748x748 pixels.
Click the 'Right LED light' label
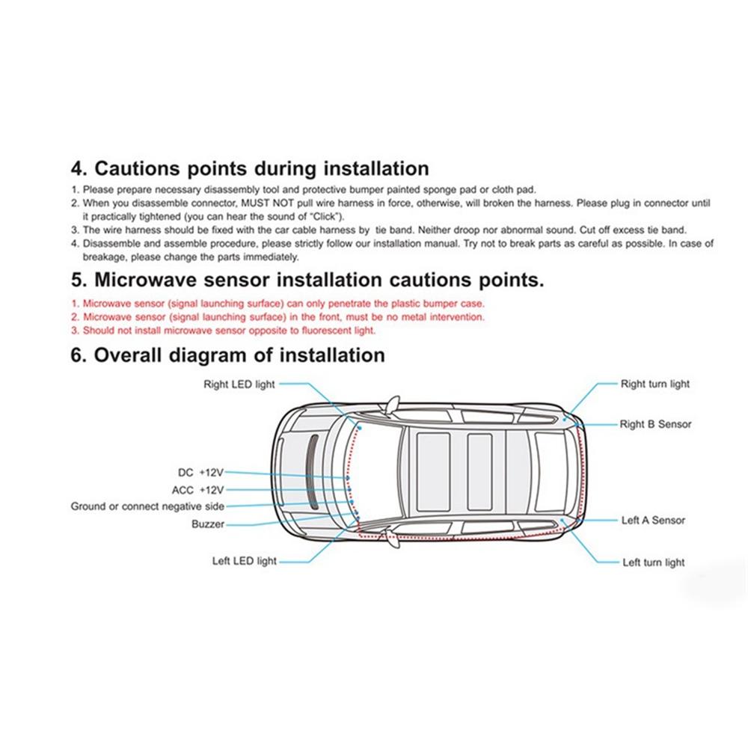pyautogui.click(x=239, y=384)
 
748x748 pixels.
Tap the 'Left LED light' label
pyautogui.click(x=244, y=561)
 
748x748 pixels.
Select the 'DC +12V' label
pyautogui.click(x=200, y=473)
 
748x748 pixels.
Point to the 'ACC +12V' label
pyautogui.click(x=197, y=490)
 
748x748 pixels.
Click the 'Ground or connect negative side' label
pyautogui.click(x=147, y=506)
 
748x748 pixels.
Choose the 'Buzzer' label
pyautogui.click(x=207, y=524)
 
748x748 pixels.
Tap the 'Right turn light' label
pyautogui.click(x=654, y=384)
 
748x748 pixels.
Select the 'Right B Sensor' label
pyautogui.click(x=655, y=424)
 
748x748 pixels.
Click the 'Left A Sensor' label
pyautogui.click(x=653, y=520)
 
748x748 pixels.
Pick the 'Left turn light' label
pyautogui.click(x=653, y=562)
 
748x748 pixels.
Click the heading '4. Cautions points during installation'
pyautogui.click(x=250, y=168)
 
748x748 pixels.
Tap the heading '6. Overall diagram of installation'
pyautogui.click(x=227, y=355)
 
